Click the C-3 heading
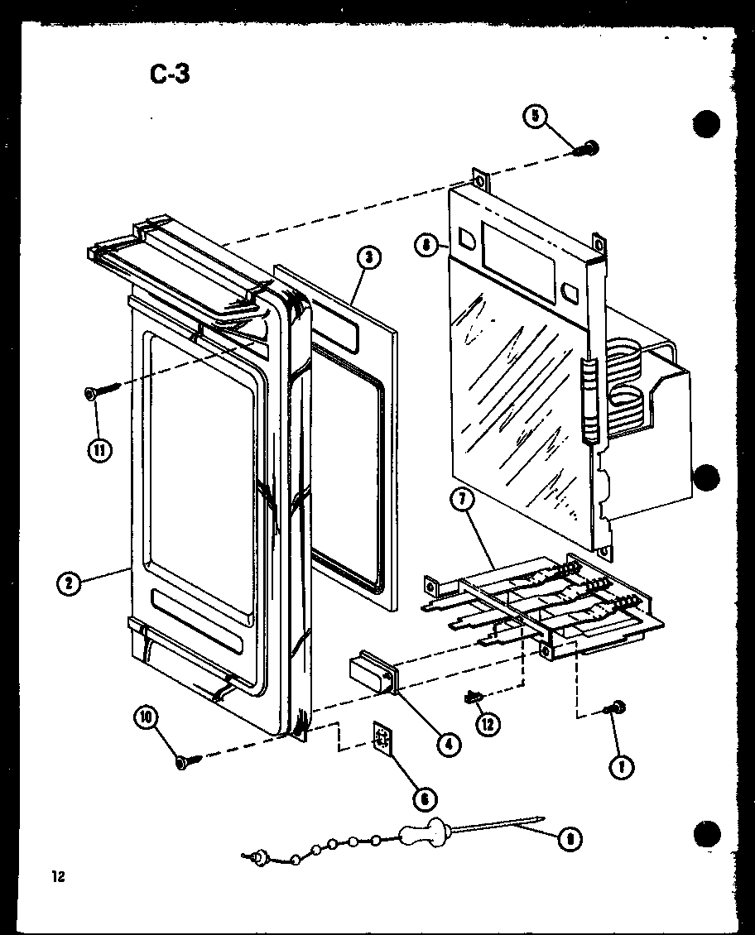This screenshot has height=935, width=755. click(170, 74)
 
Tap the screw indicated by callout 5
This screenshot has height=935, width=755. click(589, 148)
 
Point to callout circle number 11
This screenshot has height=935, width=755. click(99, 450)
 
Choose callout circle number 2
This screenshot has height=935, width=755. click(69, 583)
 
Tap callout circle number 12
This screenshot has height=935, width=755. click(488, 723)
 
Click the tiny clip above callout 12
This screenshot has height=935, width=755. click(474, 698)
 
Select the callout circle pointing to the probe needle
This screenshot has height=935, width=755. click(568, 841)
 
